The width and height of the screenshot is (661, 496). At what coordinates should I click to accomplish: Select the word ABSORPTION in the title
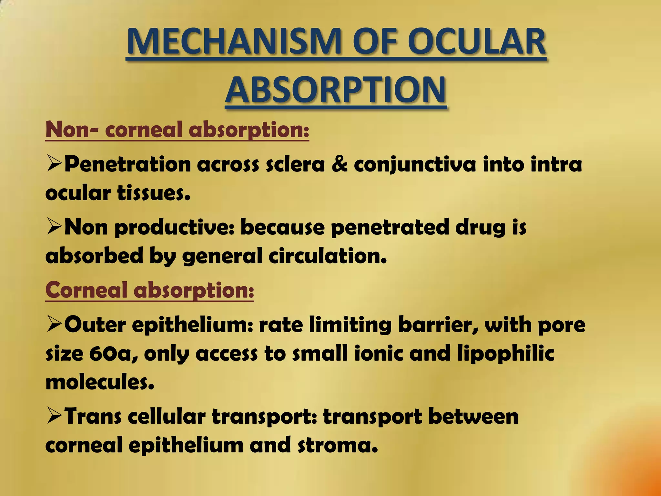pos(336,89)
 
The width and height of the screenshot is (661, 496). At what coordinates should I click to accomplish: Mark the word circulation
pos(328,256)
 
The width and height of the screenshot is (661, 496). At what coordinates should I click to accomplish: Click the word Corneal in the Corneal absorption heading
pos(86,290)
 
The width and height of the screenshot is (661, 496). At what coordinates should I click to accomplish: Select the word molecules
pos(100,382)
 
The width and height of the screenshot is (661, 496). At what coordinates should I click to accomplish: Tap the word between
pos(473,416)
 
